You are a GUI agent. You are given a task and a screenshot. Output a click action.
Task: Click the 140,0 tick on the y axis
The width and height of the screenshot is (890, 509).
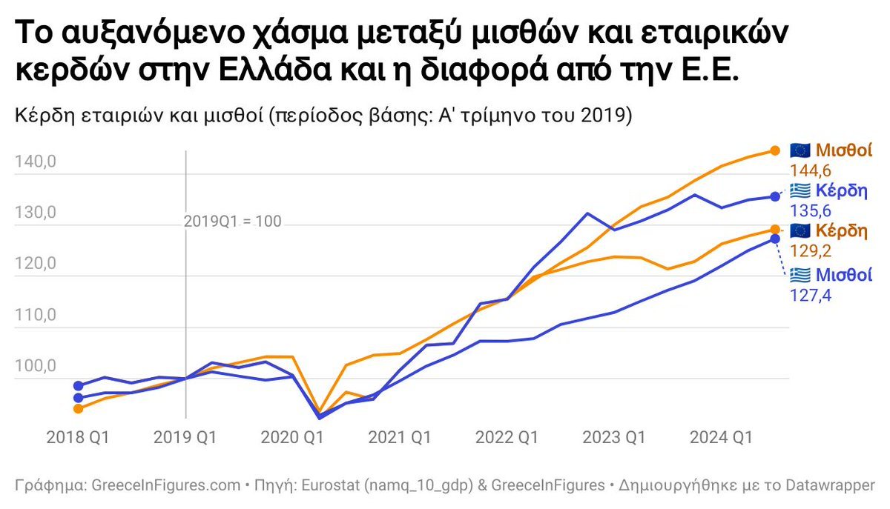(x=36, y=162)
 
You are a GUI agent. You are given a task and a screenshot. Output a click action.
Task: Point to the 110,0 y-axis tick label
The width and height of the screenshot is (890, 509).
(x=36, y=316)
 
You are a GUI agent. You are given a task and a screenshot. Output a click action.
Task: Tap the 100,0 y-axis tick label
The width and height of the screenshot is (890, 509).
(x=36, y=367)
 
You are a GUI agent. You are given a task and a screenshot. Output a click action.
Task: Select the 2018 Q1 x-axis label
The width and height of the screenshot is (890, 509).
(x=78, y=437)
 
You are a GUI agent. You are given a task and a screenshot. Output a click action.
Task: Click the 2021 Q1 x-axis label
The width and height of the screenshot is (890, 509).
(x=400, y=437)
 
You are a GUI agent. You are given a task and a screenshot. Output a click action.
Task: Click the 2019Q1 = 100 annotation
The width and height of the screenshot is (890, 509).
(x=233, y=222)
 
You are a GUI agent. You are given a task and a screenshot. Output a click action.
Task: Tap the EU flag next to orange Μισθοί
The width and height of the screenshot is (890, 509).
(x=800, y=150)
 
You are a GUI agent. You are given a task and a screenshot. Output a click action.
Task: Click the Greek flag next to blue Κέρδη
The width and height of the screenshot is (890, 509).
(x=800, y=189)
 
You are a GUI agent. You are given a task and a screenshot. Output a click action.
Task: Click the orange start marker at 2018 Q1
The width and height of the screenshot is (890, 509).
(x=78, y=408)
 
